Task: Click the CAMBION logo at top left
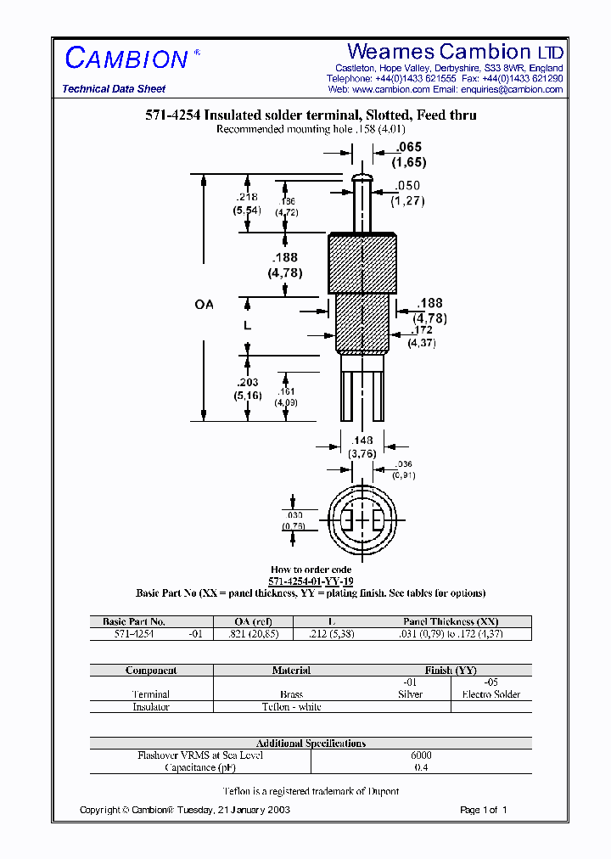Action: [x=126, y=59]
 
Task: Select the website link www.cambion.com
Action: [x=390, y=89]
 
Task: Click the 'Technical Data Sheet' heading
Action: [x=114, y=89]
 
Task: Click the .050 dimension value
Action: [x=407, y=185]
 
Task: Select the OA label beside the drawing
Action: [x=204, y=304]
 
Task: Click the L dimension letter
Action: [x=247, y=325]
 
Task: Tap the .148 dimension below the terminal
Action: [x=362, y=440]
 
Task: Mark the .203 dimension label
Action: [x=249, y=383]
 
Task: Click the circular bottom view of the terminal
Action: [x=362, y=518]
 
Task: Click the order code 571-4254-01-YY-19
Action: [x=311, y=581]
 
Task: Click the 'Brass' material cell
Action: [x=291, y=694]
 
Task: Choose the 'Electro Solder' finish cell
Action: [x=491, y=694]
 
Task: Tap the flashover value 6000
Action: [x=421, y=755]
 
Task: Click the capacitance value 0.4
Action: [x=421, y=767]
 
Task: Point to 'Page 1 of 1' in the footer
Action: [x=483, y=810]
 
